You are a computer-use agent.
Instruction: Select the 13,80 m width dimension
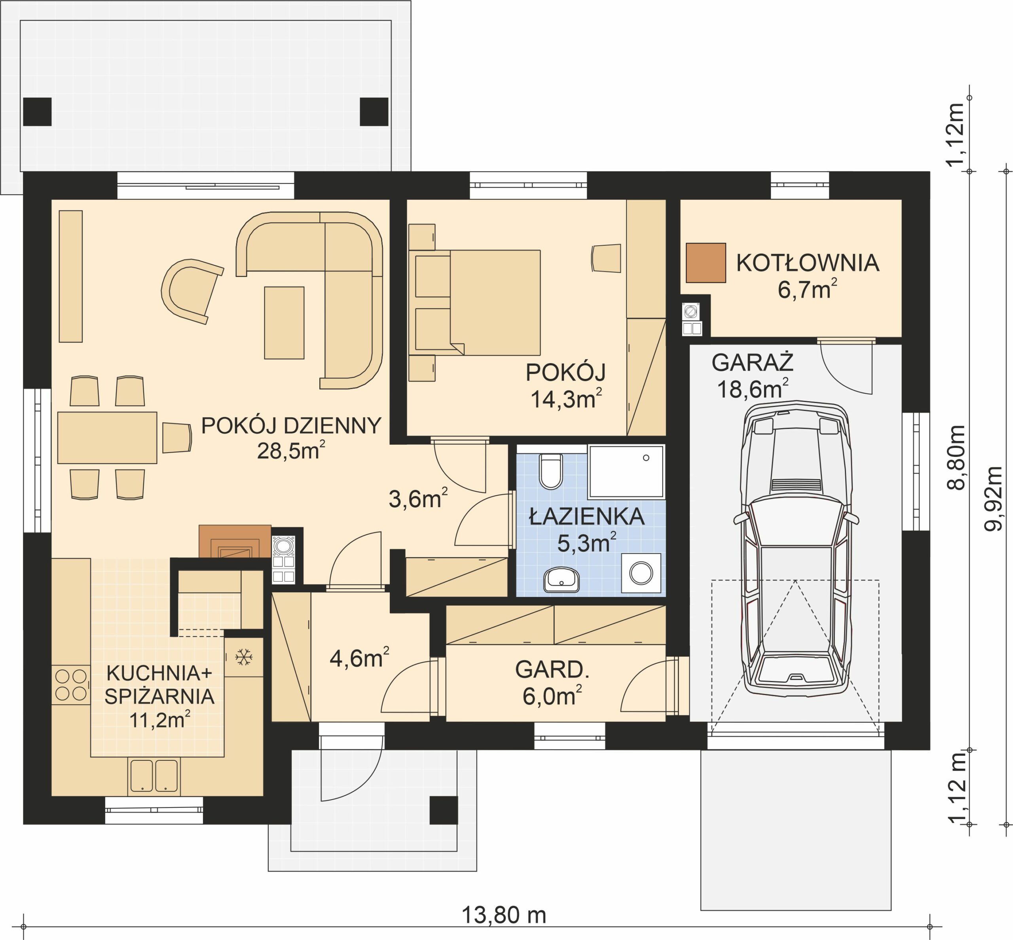click(x=503, y=915)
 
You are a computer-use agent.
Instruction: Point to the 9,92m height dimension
click(x=993, y=498)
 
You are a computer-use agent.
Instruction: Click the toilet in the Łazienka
click(x=550, y=470)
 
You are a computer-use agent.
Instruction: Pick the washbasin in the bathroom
click(x=561, y=579)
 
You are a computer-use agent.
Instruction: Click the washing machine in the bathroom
click(x=641, y=573)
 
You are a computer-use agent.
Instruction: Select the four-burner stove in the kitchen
click(x=71, y=685)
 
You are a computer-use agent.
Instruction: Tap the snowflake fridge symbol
click(x=244, y=657)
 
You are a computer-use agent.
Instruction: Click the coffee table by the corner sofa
click(x=284, y=322)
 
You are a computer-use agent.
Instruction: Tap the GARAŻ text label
click(x=752, y=363)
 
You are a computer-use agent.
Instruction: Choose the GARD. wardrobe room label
click(x=552, y=669)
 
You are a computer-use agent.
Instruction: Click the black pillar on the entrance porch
click(x=443, y=810)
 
